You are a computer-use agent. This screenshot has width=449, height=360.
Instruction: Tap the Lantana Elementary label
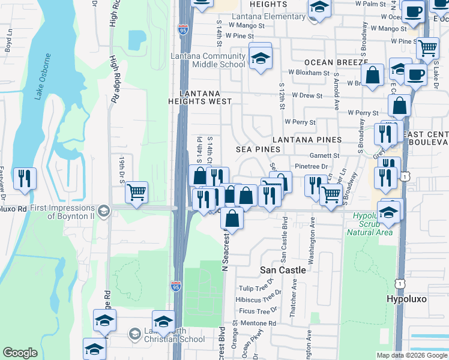coord(262,16)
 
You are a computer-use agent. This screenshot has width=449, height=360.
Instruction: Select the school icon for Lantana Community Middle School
coord(261,58)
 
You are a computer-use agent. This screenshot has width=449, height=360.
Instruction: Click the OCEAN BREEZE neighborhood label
coord(336,62)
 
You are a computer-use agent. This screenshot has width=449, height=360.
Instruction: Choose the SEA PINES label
coord(258,149)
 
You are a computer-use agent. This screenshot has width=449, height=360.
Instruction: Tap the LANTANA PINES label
coord(307,139)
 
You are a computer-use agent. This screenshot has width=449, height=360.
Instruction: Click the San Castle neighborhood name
coord(283,270)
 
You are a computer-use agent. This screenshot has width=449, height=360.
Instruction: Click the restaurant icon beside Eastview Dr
coord(25,178)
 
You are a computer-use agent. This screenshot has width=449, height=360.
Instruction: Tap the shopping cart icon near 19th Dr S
coord(137,193)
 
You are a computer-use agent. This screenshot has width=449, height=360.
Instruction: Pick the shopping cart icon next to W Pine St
coord(427,47)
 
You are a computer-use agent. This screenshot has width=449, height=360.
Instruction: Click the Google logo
coord(20,353)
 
